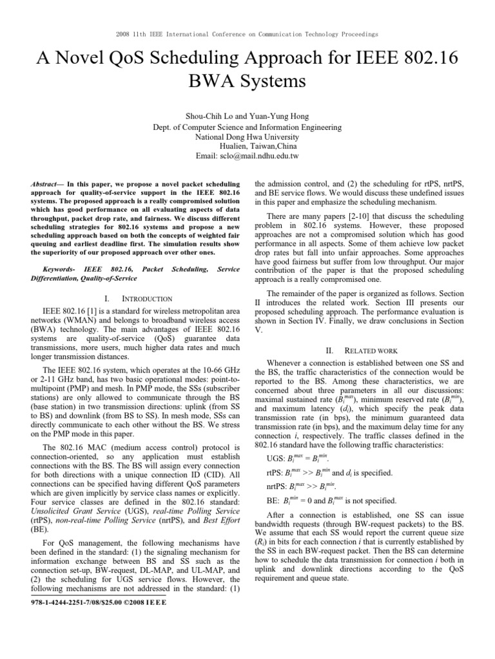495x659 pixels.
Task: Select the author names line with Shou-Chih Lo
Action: point(247,116)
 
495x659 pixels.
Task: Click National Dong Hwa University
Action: point(247,137)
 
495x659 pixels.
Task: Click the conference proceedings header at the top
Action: point(247,33)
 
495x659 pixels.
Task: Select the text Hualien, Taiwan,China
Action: point(247,147)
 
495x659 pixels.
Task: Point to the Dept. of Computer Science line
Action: point(247,127)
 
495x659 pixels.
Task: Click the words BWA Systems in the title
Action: point(247,82)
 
